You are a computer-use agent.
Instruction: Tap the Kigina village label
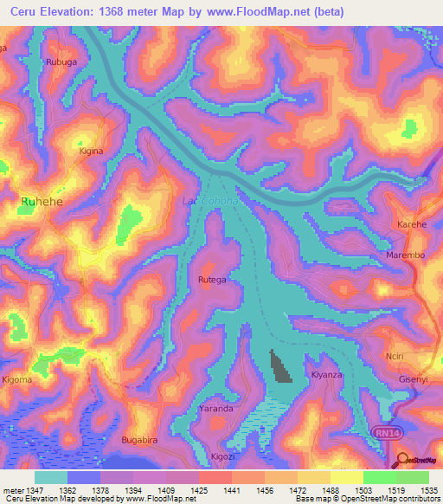[x=91, y=151]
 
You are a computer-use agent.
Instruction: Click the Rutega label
[x=212, y=280]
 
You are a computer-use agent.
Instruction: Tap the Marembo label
[x=405, y=255]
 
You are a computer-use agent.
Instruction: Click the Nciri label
[x=395, y=356]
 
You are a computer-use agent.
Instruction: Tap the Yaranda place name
[x=216, y=408]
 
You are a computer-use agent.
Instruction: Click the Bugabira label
[x=142, y=441]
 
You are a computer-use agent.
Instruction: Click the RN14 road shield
[x=387, y=430]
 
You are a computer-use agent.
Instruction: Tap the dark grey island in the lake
[x=280, y=366]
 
